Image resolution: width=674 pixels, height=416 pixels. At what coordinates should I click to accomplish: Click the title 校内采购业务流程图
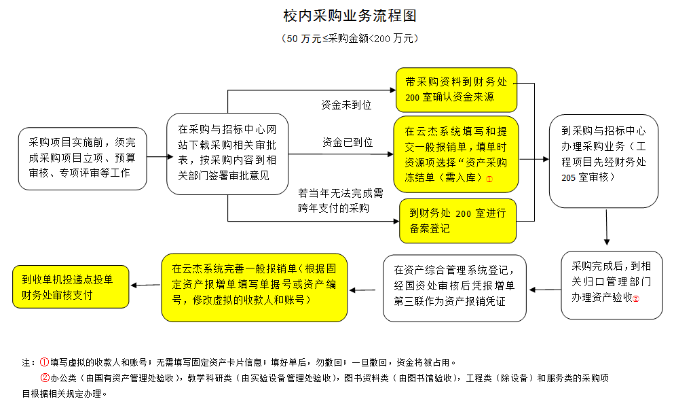pos(350,16)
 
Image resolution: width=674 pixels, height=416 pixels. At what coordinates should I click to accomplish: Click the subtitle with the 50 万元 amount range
pos(350,38)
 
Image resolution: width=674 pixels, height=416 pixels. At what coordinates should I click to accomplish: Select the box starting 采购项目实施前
pos(83,158)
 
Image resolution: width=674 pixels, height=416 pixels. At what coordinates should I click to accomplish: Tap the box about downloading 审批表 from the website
pos(227,154)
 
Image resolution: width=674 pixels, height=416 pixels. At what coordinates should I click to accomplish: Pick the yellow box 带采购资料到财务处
pos(456,90)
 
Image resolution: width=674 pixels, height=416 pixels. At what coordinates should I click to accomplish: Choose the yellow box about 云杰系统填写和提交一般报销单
pos(456,154)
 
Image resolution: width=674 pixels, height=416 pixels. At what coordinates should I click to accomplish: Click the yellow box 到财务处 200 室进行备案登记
pos(457,220)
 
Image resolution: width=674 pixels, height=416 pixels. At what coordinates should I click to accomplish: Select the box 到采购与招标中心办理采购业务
pos(603,161)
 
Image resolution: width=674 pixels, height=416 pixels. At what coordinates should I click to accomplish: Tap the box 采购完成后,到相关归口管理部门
pos(612,285)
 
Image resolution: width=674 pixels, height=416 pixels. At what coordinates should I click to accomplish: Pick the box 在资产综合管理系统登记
pos(454,288)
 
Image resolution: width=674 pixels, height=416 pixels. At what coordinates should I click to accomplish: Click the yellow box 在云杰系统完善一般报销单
pos(254,288)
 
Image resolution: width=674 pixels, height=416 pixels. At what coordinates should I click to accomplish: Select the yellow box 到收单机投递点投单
pos(71,287)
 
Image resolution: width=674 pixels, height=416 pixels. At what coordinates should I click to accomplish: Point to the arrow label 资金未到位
pos(346,105)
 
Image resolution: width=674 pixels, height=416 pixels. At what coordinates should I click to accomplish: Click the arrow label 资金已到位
pos(348,142)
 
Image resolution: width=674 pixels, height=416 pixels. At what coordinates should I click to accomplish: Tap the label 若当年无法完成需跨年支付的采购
pos(341,201)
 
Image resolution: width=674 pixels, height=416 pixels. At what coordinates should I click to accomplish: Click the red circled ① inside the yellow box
pos(489,179)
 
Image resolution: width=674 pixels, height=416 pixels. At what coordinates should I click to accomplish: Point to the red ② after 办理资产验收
pos(636,299)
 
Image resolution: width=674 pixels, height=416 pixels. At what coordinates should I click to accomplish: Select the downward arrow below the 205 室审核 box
pos(607,228)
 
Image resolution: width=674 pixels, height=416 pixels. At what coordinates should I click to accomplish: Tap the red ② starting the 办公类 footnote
pos(45,378)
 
